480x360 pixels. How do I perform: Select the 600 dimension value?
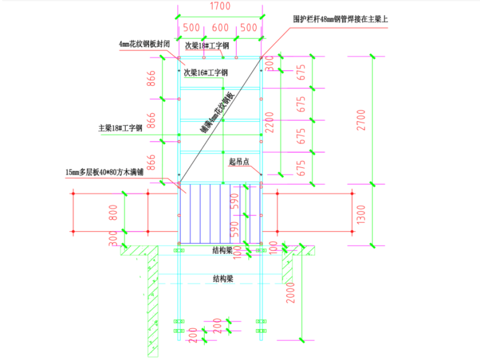point(220,28)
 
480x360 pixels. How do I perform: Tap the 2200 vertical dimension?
point(270,121)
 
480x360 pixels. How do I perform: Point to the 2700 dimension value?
point(361,120)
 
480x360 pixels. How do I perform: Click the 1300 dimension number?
point(361,214)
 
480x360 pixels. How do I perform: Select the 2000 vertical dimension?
point(291,291)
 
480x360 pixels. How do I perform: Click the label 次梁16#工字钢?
point(205,73)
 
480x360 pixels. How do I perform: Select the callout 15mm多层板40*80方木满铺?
point(108,171)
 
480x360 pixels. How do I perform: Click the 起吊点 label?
point(239,162)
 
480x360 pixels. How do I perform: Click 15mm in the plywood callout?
point(75,171)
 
